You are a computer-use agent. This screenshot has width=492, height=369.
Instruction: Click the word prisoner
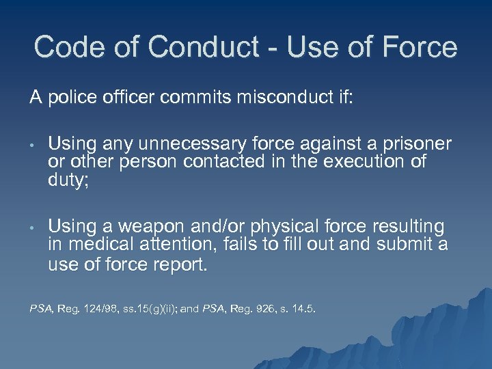tap(413, 143)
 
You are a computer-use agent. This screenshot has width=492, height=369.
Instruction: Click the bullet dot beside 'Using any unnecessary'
tap(32, 145)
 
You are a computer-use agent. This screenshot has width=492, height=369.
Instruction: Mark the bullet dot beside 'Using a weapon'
tap(32, 227)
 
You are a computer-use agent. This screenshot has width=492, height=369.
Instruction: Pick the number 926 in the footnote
tap(275, 309)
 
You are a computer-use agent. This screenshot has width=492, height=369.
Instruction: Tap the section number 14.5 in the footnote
tap(307, 309)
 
